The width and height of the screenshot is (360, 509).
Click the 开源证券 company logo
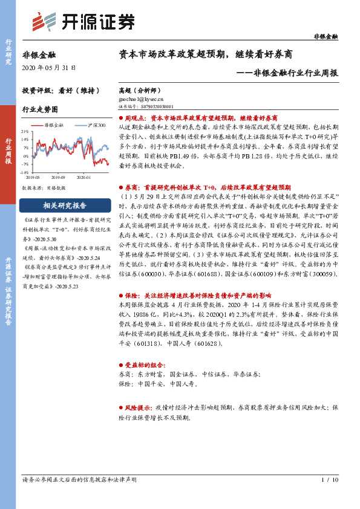[83, 22]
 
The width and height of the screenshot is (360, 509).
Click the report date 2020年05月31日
[47, 67]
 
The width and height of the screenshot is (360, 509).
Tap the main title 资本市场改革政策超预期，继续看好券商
[206, 54]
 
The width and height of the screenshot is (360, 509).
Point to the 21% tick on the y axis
[25, 131]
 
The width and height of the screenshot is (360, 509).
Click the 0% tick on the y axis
[26, 155]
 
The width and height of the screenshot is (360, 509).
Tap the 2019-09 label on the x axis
[59, 178]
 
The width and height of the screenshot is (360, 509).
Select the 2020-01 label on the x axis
[85, 178]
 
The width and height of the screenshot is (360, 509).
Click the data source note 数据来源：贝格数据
[44, 188]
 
